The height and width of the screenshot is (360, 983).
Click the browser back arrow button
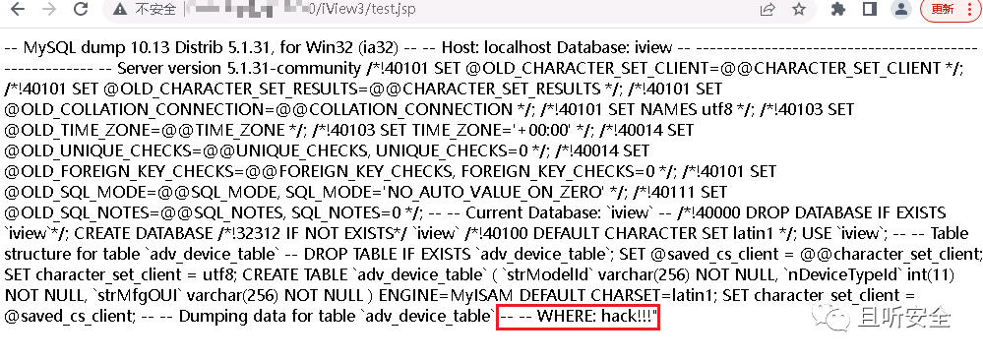[x=18, y=10]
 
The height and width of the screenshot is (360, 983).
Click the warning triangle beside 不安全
[x=119, y=10]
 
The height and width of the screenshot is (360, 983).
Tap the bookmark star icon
[x=801, y=10]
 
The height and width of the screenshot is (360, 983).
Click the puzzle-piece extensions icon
[x=838, y=10]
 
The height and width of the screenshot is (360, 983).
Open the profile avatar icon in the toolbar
[x=899, y=10]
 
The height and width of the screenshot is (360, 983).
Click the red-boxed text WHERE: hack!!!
[x=586, y=317]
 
